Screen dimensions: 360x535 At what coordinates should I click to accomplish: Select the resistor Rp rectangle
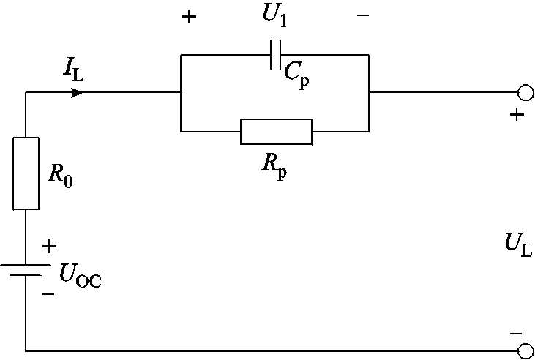pyautogui.click(x=276, y=132)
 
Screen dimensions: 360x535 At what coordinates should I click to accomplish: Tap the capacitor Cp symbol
pyautogui.click(x=275, y=54)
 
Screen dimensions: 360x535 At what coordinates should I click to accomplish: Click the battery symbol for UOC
pyautogui.click(x=26, y=270)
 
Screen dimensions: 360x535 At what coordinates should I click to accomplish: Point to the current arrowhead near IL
pyautogui.click(x=77, y=93)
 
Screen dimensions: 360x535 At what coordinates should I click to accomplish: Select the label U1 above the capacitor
pyautogui.click(x=274, y=16)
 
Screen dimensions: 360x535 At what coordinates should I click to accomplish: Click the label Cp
pyautogui.click(x=296, y=73)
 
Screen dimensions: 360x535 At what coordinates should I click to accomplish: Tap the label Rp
pyautogui.click(x=274, y=164)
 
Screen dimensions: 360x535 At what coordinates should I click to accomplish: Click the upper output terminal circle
pyautogui.click(x=524, y=93)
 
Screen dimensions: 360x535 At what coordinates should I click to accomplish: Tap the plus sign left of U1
pyautogui.click(x=189, y=17)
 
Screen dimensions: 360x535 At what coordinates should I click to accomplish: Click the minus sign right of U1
pyautogui.click(x=362, y=15)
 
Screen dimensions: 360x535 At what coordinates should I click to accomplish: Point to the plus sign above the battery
pyautogui.click(x=48, y=247)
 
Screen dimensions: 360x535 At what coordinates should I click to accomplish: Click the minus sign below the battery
pyautogui.click(x=48, y=293)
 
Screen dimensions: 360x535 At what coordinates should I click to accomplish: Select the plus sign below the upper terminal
pyautogui.click(x=517, y=115)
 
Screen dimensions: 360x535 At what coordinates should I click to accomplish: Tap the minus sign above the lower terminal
pyautogui.click(x=517, y=334)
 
